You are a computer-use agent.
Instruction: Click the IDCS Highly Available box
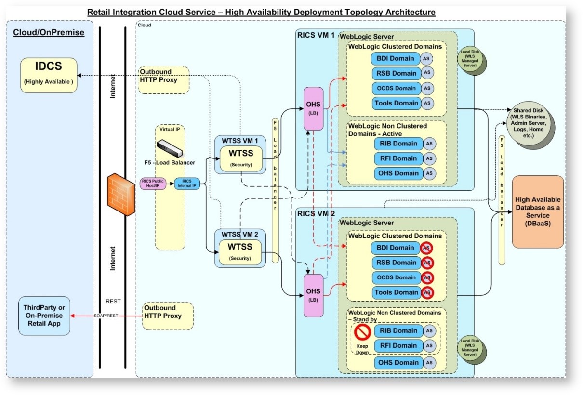coord(49,75)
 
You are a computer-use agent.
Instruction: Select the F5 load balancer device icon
coord(170,147)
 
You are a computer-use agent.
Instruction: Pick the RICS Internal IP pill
coord(187,184)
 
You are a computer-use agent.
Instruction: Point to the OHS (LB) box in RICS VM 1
coord(314,108)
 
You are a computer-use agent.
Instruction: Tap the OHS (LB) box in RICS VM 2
coord(314,295)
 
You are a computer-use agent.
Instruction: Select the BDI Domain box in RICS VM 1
coord(395,59)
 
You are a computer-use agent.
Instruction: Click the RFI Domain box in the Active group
coord(398,158)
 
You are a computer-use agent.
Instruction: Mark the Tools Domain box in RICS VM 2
coord(395,292)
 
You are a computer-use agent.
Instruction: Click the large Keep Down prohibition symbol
coord(362,332)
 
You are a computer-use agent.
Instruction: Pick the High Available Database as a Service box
coord(538,211)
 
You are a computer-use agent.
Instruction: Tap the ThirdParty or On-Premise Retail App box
coord(44,316)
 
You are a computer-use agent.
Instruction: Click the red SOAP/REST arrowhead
coord(73,316)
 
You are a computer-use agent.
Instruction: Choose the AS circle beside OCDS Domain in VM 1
coord(426,88)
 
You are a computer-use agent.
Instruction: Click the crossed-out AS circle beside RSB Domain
coord(426,263)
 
